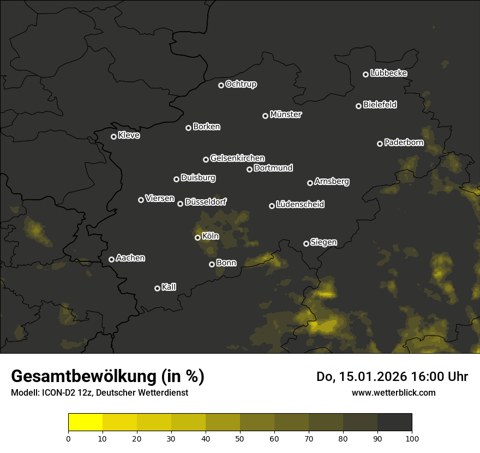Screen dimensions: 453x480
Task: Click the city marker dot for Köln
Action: tap(197, 237)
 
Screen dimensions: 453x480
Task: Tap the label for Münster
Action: tap(285, 115)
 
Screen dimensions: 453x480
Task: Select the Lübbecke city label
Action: tap(388, 73)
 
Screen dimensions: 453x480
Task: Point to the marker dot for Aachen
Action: tap(111, 259)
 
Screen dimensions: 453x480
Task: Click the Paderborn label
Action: tap(404, 142)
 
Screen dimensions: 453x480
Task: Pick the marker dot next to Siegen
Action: tap(306, 243)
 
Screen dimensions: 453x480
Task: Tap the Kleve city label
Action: tap(129, 135)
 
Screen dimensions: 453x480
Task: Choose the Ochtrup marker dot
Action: tap(221, 85)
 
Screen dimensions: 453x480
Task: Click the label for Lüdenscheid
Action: tap(300, 205)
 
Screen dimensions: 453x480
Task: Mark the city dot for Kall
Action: tap(157, 288)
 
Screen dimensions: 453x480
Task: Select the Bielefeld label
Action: tap(380, 105)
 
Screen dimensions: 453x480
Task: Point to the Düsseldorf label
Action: tap(206, 202)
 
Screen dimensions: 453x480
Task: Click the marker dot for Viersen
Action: tap(141, 200)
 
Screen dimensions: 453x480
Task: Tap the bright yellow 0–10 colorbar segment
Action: tap(86, 422)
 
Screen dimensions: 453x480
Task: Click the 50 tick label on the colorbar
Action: tap(240, 438)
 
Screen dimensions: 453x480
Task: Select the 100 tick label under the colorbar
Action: tap(412, 438)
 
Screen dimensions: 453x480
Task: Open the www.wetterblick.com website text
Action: tap(393, 393)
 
